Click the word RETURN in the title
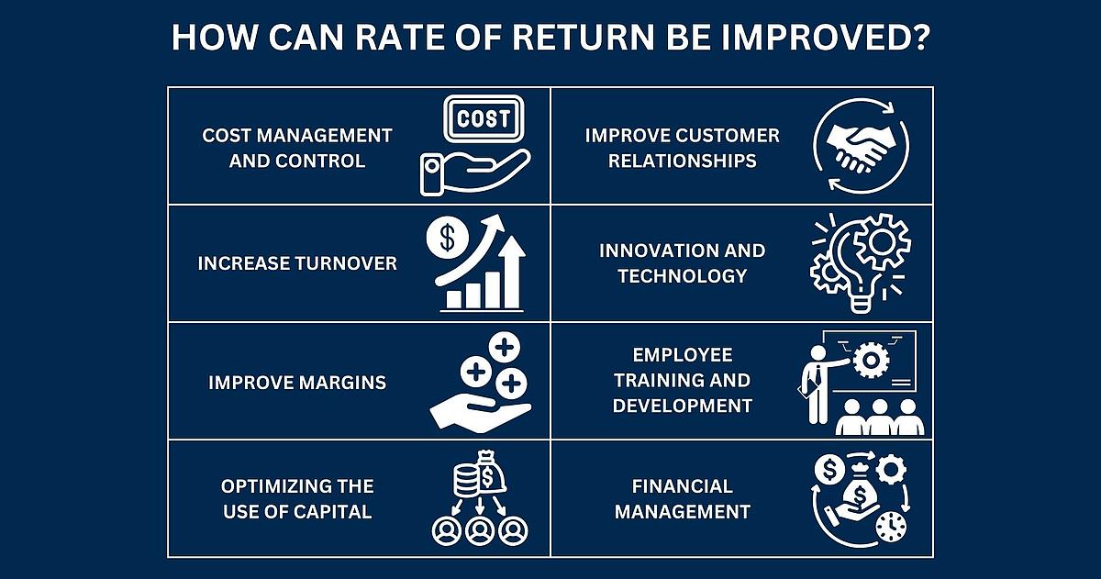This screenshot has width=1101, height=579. (584, 38)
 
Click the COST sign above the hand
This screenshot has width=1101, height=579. (484, 118)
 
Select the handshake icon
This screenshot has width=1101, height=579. (862, 147)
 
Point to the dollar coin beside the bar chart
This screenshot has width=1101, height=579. (448, 238)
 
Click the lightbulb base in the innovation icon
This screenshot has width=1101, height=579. (860, 301)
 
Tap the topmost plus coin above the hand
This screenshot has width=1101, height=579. (505, 347)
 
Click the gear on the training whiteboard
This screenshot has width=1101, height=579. (871, 361)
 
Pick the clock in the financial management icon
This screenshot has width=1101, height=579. (891, 527)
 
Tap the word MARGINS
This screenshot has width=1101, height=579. (342, 383)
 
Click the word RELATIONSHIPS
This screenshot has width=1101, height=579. (683, 161)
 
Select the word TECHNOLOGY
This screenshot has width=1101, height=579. (683, 276)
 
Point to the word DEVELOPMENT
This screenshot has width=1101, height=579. (683, 406)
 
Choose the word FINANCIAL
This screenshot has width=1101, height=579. (683, 486)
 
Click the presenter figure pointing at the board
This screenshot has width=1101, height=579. (818, 384)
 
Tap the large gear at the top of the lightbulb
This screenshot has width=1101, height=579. (883, 241)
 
